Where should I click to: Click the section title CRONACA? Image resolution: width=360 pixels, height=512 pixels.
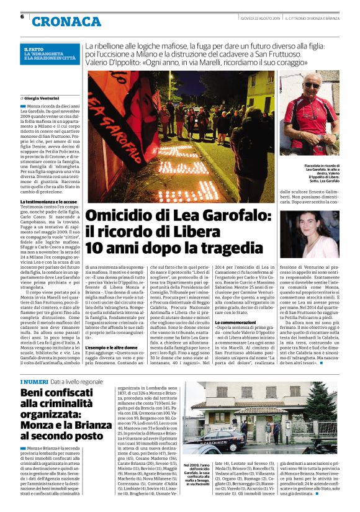coord(66,22)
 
